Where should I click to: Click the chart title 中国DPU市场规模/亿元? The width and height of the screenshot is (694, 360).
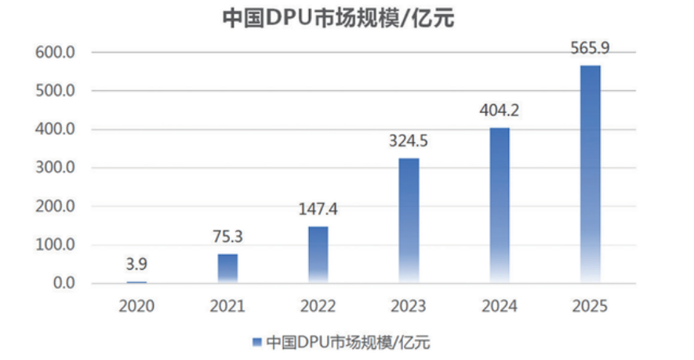tap(338, 19)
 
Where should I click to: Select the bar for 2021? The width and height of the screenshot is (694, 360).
tap(227, 268)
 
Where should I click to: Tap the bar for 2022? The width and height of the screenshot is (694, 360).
tap(318, 255)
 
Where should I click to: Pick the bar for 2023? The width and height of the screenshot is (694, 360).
tap(409, 220)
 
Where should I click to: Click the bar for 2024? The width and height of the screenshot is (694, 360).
tap(500, 205)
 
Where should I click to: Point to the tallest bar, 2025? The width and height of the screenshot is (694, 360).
tap(590, 174)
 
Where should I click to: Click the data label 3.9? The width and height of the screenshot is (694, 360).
tap(136, 264)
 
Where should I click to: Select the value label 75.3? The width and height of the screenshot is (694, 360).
tap(227, 237)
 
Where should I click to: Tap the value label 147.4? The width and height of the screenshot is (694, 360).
tap(318, 209)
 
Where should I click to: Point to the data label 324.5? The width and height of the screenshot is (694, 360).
tap(409, 141)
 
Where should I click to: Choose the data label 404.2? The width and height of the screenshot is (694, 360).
tap(500, 111)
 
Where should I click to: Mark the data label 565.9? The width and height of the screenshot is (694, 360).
tap(590, 48)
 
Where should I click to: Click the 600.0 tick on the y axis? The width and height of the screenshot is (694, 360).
tap(56, 53)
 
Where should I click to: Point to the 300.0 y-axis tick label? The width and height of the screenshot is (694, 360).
tap(56, 168)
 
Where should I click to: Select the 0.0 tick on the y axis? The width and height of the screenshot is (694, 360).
tap(64, 283)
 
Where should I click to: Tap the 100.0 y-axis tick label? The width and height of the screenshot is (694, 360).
tap(56, 245)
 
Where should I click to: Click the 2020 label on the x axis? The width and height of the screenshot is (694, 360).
tap(136, 306)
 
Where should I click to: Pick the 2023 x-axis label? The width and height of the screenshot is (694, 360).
tap(409, 306)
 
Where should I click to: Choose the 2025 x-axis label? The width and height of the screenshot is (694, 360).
tap(590, 306)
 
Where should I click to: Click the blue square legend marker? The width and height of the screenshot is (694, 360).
tap(256, 342)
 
